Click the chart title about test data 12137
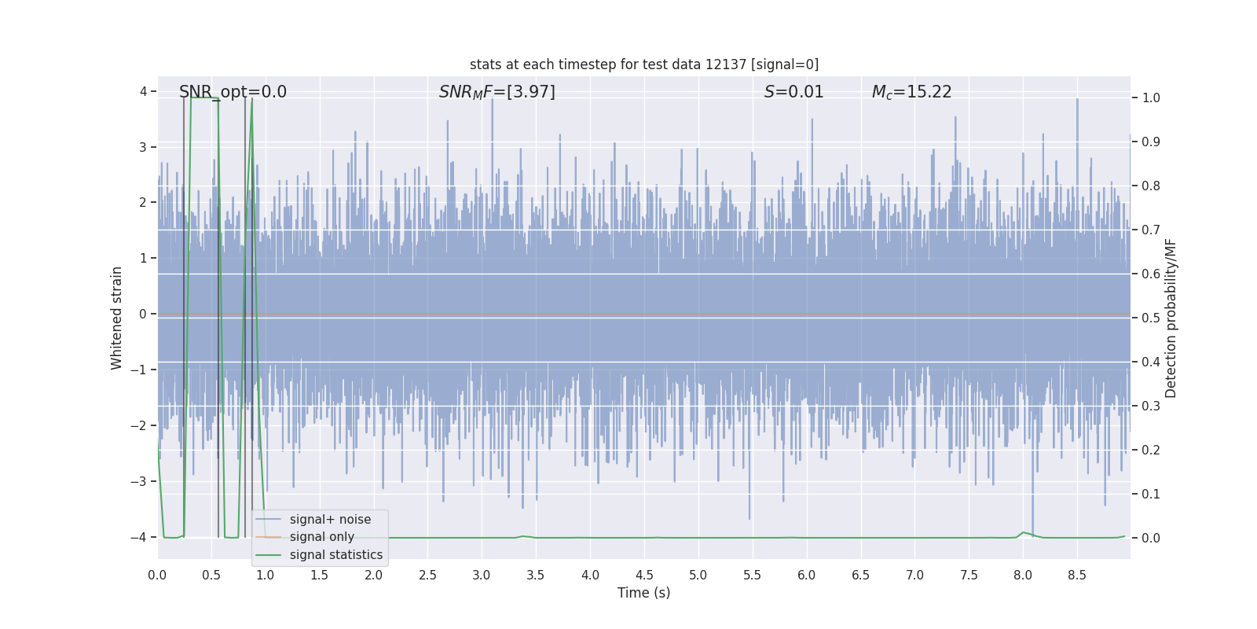coord(643,64)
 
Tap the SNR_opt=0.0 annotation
coord(233,92)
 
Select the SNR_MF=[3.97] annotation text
coord(497,92)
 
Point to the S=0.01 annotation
coord(793,92)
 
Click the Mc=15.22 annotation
coord(911,92)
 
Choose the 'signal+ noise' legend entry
coord(330,520)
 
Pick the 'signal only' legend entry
coord(321,537)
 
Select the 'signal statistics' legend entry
coord(335,555)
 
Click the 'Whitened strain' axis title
coord(117,318)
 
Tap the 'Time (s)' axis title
coord(643,593)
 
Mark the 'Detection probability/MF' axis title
coord(1171,318)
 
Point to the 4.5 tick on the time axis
coord(644,576)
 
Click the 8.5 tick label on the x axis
coord(1076,576)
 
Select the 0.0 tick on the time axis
coord(157,576)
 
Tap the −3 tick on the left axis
coord(142,481)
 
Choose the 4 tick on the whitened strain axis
coord(144,92)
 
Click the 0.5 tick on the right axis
coord(1151,318)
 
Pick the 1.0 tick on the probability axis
coord(1151,98)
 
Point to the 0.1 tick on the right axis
coord(1151,495)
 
